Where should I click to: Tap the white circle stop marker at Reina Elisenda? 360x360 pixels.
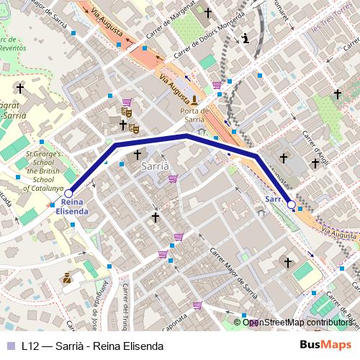pos(68,194)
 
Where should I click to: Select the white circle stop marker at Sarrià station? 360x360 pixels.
pos(292,205)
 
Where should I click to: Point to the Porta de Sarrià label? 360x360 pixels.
pos(194,115)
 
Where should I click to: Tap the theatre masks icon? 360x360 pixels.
pos(127,112)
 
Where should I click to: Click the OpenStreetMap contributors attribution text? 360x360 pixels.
pos(297,323)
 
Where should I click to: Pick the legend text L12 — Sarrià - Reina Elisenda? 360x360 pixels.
pos(92,345)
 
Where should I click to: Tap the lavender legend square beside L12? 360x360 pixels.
pos(10,345)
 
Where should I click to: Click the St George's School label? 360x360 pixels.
pos(46,170)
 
